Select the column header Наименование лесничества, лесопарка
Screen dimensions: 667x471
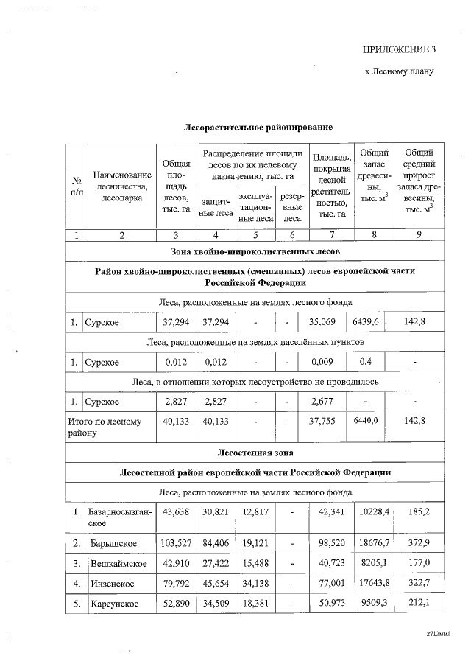tap(123, 186)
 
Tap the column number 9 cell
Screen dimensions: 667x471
tap(419, 235)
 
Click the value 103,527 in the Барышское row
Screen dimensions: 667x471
tap(175, 542)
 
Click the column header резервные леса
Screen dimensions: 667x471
tap(292, 208)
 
